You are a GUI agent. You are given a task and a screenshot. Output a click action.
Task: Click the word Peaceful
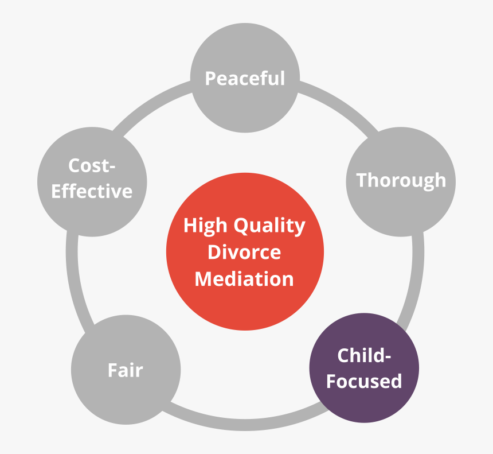point(245,78)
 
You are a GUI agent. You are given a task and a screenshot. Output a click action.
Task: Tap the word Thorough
point(401,180)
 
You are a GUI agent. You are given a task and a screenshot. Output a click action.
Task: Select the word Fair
point(125,370)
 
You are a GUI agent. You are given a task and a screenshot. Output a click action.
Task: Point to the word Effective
point(92,191)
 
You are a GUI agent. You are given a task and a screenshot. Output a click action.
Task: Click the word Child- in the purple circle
point(364,356)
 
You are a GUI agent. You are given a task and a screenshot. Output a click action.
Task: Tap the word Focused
point(364,381)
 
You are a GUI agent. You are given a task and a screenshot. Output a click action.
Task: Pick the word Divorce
point(245,252)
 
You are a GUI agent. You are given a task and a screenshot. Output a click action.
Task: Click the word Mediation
point(245,279)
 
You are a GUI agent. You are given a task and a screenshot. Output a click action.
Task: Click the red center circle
point(245,304)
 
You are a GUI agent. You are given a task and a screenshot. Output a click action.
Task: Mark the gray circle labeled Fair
point(125,396)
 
